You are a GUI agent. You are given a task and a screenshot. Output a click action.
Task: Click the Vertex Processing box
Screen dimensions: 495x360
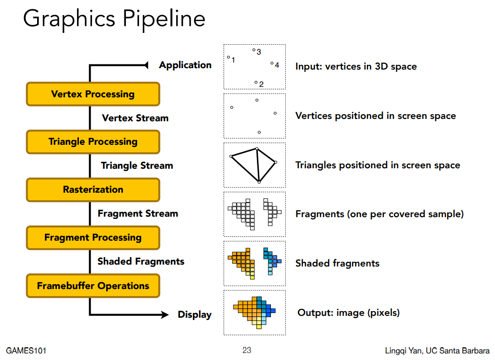(x=93, y=94)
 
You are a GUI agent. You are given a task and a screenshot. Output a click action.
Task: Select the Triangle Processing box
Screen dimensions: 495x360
(x=93, y=142)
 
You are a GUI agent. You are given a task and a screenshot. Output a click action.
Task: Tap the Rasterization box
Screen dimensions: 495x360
(x=93, y=190)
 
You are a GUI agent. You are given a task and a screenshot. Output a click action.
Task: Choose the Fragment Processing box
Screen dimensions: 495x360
(x=93, y=238)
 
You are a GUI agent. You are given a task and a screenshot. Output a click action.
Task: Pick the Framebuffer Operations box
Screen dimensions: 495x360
(x=93, y=286)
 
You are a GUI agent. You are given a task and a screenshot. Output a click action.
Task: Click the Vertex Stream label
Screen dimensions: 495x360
(x=135, y=118)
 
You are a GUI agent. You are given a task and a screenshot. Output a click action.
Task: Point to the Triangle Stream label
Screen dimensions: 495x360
(x=137, y=166)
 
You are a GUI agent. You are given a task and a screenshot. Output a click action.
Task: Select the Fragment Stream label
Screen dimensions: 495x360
(x=138, y=214)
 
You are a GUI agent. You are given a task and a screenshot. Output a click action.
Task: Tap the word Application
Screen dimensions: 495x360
(x=186, y=65)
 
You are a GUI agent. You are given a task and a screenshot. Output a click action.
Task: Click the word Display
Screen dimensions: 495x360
(x=194, y=314)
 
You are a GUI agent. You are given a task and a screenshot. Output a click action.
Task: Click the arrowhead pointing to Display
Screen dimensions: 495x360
(x=165, y=314)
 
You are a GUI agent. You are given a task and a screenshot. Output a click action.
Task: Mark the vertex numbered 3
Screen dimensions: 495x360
(x=254, y=50)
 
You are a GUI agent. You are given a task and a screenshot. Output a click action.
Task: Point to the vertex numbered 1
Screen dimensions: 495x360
(x=229, y=57)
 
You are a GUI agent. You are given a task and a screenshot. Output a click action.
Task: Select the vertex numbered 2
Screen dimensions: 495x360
(x=256, y=82)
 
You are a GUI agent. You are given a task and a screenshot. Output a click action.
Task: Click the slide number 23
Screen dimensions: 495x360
(x=247, y=350)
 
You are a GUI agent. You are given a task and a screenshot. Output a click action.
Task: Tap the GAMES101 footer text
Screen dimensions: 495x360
(x=26, y=351)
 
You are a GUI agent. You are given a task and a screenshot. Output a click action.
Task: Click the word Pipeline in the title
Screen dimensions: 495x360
(x=164, y=19)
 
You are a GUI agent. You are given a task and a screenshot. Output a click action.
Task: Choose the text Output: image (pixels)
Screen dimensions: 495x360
(x=348, y=313)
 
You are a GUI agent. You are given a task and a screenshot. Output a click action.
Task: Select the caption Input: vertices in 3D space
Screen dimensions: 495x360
(x=356, y=66)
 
